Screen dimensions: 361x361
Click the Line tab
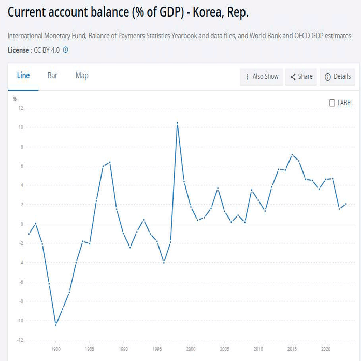23,76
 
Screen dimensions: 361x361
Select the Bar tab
52,76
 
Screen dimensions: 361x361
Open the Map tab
82,76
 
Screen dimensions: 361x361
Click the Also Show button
262,77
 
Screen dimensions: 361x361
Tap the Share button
301,77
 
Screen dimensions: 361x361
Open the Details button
338,77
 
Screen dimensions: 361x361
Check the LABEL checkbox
333,103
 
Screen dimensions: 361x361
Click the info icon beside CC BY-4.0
66,50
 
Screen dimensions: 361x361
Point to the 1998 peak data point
177,123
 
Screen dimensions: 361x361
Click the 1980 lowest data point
56,325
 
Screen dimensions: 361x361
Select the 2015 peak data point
292,154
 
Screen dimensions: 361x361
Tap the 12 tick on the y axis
21,108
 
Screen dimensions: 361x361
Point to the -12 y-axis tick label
20,340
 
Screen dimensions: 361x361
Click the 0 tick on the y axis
22,224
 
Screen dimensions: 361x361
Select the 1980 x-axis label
56,349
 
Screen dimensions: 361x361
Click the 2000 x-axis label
191,349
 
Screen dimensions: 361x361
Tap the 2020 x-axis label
326,349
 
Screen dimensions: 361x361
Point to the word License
19,50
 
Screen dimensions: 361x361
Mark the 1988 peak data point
110,162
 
